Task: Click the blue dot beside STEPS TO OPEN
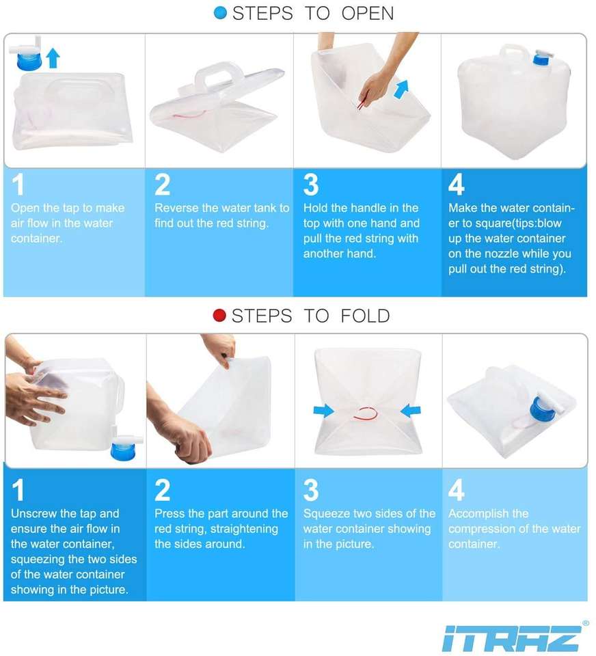point(220,13)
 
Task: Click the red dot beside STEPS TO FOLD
point(219,316)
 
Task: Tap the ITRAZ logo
point(511,638)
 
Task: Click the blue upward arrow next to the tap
point(53,57)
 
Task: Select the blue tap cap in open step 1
point(29,61)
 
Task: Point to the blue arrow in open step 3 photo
point(401,90)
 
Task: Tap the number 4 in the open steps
point(456,184)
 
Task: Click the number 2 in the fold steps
point(163,490)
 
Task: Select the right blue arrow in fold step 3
point(410,410)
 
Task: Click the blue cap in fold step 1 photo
point(124,451)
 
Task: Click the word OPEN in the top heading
point(368,14)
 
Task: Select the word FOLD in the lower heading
point(365,316)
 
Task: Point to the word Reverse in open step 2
point(176,208)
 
